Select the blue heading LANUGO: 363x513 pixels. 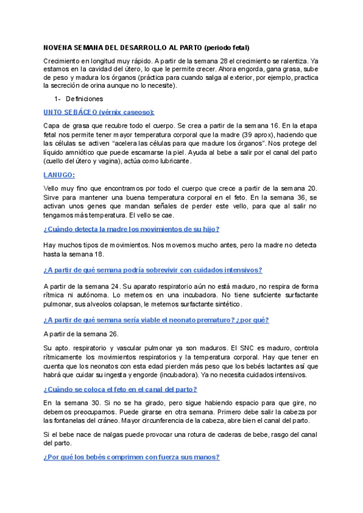[x=59, y=175]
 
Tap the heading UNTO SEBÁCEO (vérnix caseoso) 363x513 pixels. [x=99, y=112]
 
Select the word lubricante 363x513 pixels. [x=174, y=162]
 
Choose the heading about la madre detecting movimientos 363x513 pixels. [x=131, y=229]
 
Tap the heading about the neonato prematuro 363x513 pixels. [x=156, y=320]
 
